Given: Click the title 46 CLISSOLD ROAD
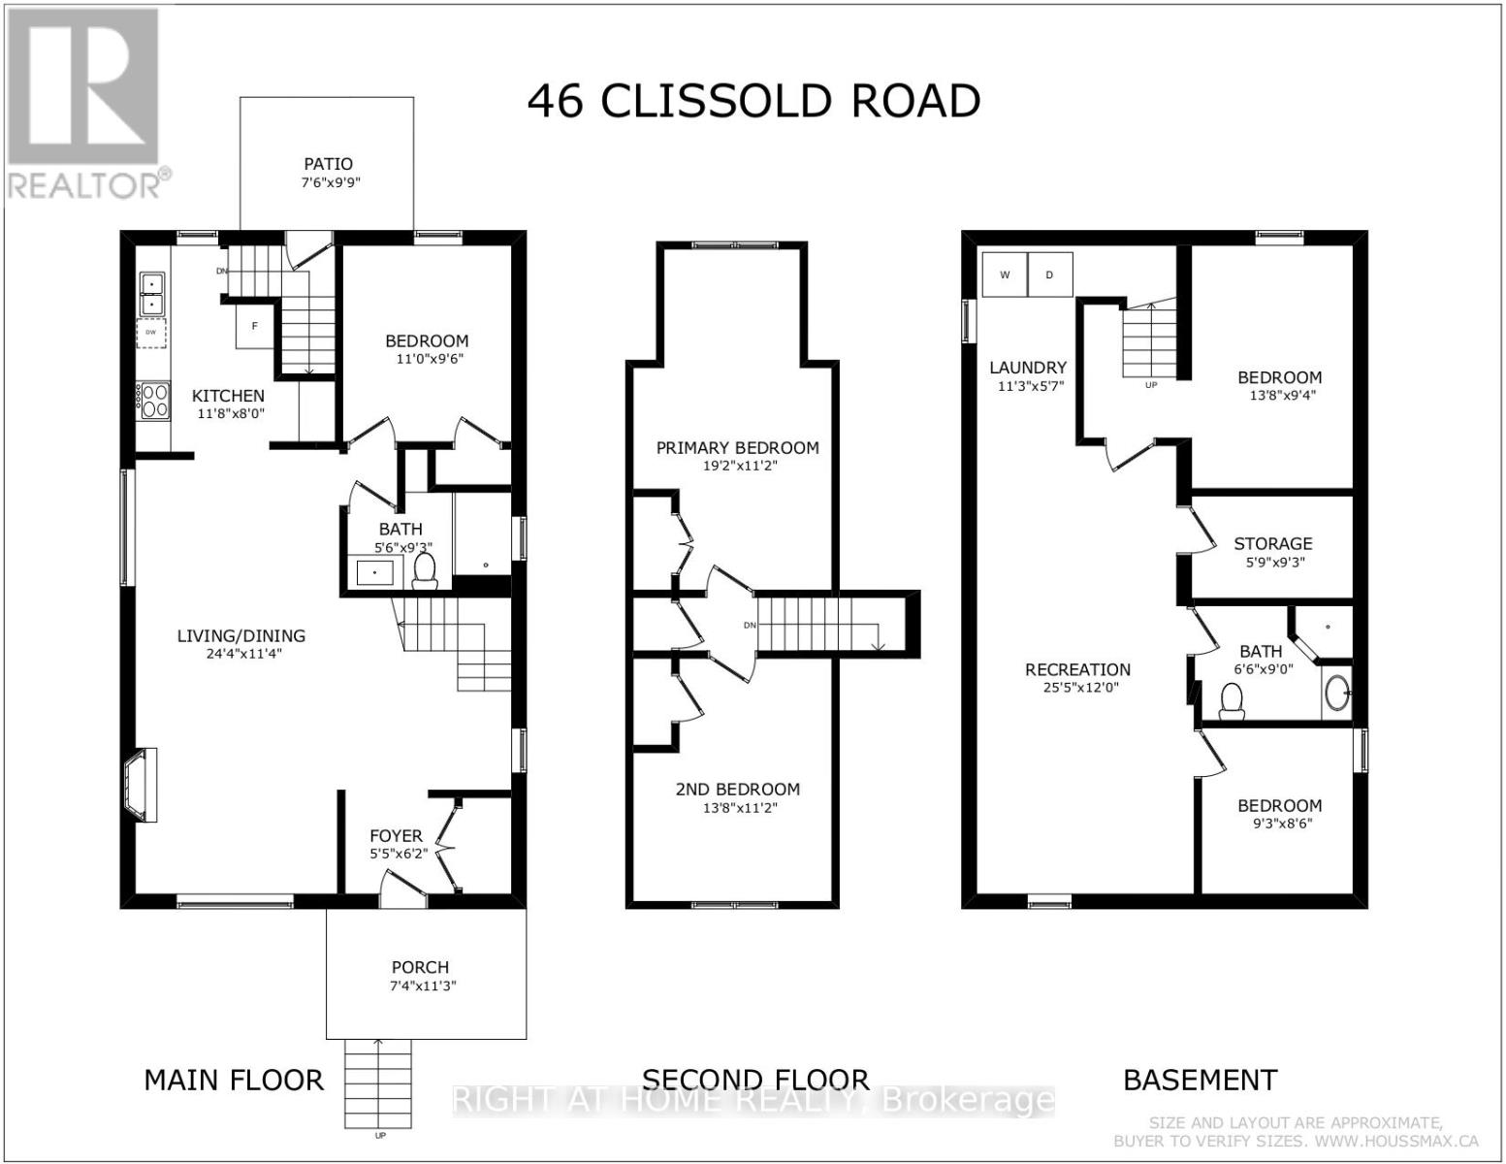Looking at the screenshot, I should (753, 101).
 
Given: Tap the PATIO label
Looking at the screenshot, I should (328, 164).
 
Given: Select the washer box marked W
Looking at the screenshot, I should (1005, 275).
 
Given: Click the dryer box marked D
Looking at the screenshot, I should (1049, 275).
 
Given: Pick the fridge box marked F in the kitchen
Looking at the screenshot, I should (255, 327).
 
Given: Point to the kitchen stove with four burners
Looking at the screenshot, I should (153, 400).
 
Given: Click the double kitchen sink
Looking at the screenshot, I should (152, 294).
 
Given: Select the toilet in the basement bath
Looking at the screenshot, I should (1232, 701).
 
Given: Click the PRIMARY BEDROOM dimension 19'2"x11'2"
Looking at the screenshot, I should (737, 466).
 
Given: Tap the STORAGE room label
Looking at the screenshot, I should (1272, 543).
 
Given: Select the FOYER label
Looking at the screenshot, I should (396, 835).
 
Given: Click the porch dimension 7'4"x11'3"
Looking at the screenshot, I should (421, 986).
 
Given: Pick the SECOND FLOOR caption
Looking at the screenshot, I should (755, 1080).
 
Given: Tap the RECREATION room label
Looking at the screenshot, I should (1077, 669).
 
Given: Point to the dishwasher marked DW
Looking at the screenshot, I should (151, 333).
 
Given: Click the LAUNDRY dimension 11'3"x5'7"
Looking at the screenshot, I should (1028, 385).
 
